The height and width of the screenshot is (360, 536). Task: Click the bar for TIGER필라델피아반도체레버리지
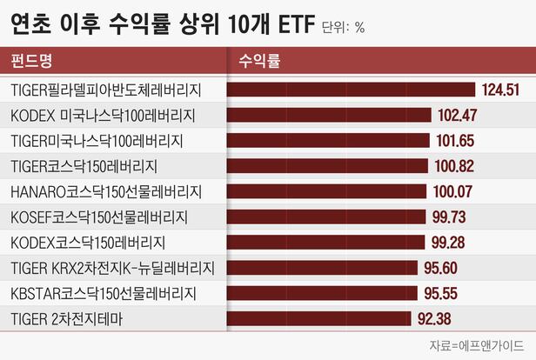pyautogui.click(x=351, y=90)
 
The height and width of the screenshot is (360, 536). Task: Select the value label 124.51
pyautogui.click(x=501, y=90)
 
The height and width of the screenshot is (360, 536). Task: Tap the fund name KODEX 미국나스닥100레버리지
pyautogui.click(x=103, y=116)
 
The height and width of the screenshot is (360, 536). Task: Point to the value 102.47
pyautogui.click(x=458, y=115)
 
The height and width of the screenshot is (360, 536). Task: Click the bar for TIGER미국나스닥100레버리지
pyautogui.click(x=328, y=140)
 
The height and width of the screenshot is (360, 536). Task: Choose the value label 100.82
pyautogui.click(x=454, y=166)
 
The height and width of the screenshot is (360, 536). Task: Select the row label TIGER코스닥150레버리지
pyautogui.click(x=84, y=166)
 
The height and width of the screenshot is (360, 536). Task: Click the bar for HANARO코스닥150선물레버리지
pyautogui.click(x=327, y=191)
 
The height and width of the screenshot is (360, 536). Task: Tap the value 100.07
pyautogui.click(x=453, y=191)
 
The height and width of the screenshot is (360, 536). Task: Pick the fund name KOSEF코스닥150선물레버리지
pyautogui.click(x=99, y=217)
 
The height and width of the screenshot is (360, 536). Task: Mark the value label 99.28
pyautogui.click(x=448, y=242)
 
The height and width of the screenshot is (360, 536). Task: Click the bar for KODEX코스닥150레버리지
pyautogui.click(x=325, y=242)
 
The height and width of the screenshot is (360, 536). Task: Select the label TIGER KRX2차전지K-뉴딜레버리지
pyautogui.click(x=113, y=268)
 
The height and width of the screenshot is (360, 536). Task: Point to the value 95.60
pyautogui.click(x=440, y=268)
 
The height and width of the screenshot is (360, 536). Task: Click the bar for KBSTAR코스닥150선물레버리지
pyautogui.click(x=322, y=293)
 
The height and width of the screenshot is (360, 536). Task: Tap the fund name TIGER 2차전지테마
pyautogui.click(x=67, y=319)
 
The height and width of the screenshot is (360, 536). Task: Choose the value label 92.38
pyautogui.click(x=434, y=318)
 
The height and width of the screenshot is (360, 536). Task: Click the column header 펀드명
pyautogui.click(x=31, y=61)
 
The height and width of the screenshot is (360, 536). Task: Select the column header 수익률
pyautogui.click(x=259, y=61)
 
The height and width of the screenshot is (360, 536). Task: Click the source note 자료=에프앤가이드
pyautogui.click(x=477, y=345)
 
